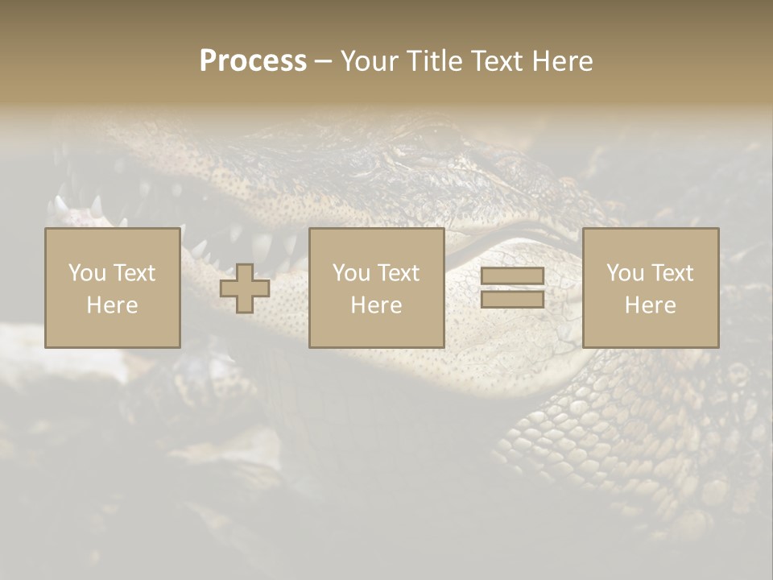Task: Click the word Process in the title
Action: [x=253, y=61]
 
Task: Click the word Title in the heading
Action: [x=435, y=61]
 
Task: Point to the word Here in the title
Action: [x=562, y=61]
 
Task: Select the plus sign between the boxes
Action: [x=245, y=288]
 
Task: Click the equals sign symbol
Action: [x=512, y=288]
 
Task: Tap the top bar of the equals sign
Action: [x=512, y=276]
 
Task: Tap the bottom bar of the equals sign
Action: [x=512, y=299]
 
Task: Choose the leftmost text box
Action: [x=112, y=288]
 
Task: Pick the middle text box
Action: [x=376, y=288]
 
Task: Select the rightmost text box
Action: [x=650, y=288]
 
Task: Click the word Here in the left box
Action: [x=112, y=305]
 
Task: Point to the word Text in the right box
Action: [x=672, y=273]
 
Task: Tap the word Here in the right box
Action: [x=650, y=305]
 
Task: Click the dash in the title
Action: [x=323, y=61]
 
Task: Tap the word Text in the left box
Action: [x=134, y=273]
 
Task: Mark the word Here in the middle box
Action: [x=376, y=305]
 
